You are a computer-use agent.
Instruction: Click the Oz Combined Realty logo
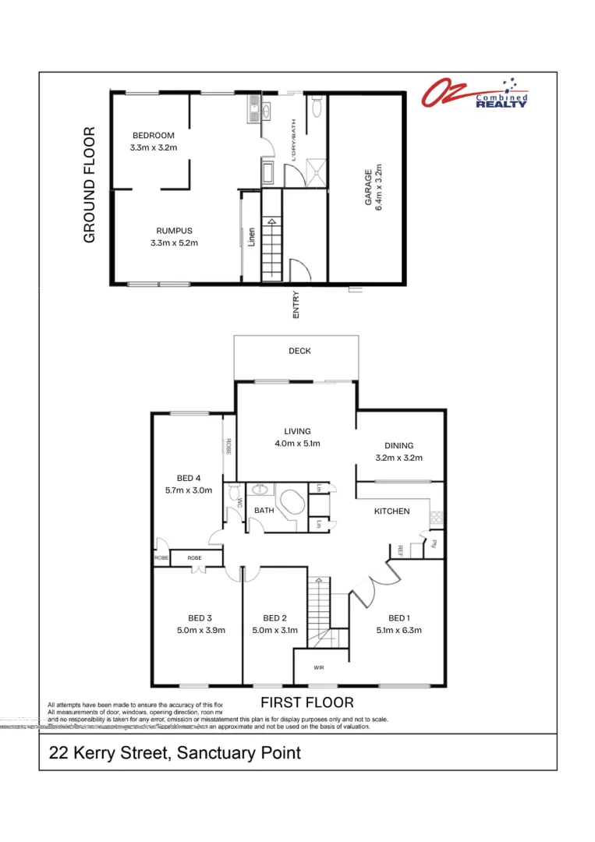point(475,93)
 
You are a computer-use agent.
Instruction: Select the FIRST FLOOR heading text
point(306,702)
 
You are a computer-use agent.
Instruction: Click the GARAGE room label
point(374,188)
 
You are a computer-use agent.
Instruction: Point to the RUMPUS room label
point(174,231)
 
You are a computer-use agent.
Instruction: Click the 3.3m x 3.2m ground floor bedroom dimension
point(153,147)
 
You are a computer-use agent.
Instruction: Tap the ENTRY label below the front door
point(296,304)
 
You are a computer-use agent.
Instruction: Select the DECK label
point(299,351)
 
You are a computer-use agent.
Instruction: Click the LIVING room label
point(297,431)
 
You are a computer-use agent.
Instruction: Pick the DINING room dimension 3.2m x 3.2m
point(398,458)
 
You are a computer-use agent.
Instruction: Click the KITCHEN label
point(391,511)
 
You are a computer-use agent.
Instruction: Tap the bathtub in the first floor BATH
point(293,503)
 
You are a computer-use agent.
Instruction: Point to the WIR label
point(319,668)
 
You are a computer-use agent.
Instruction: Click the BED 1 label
point(398,618)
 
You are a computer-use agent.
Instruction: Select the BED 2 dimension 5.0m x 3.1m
point(274,631)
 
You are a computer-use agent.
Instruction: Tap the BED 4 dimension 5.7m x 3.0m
point(189,490)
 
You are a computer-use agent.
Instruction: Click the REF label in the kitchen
point(399,550)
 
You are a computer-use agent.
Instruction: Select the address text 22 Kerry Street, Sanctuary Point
point(175,753)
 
